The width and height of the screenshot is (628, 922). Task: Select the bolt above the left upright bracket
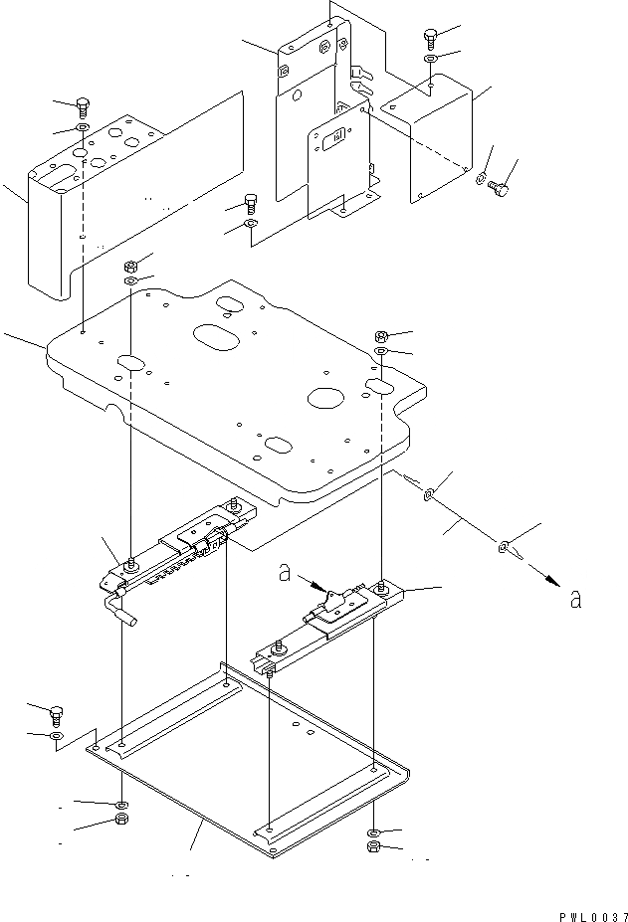click(x=84, y=107)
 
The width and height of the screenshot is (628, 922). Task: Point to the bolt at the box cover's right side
click(x=502, y=187)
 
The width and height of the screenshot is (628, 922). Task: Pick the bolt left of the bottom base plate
click(x=57, y=713)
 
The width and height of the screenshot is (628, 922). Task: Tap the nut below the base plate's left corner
click(x=120, y=820)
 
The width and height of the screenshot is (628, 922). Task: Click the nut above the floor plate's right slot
click(x=382, y=336)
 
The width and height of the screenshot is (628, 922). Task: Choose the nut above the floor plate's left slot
click(x=129, y=267)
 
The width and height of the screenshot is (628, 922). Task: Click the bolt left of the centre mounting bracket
click(x=251, y=206)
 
